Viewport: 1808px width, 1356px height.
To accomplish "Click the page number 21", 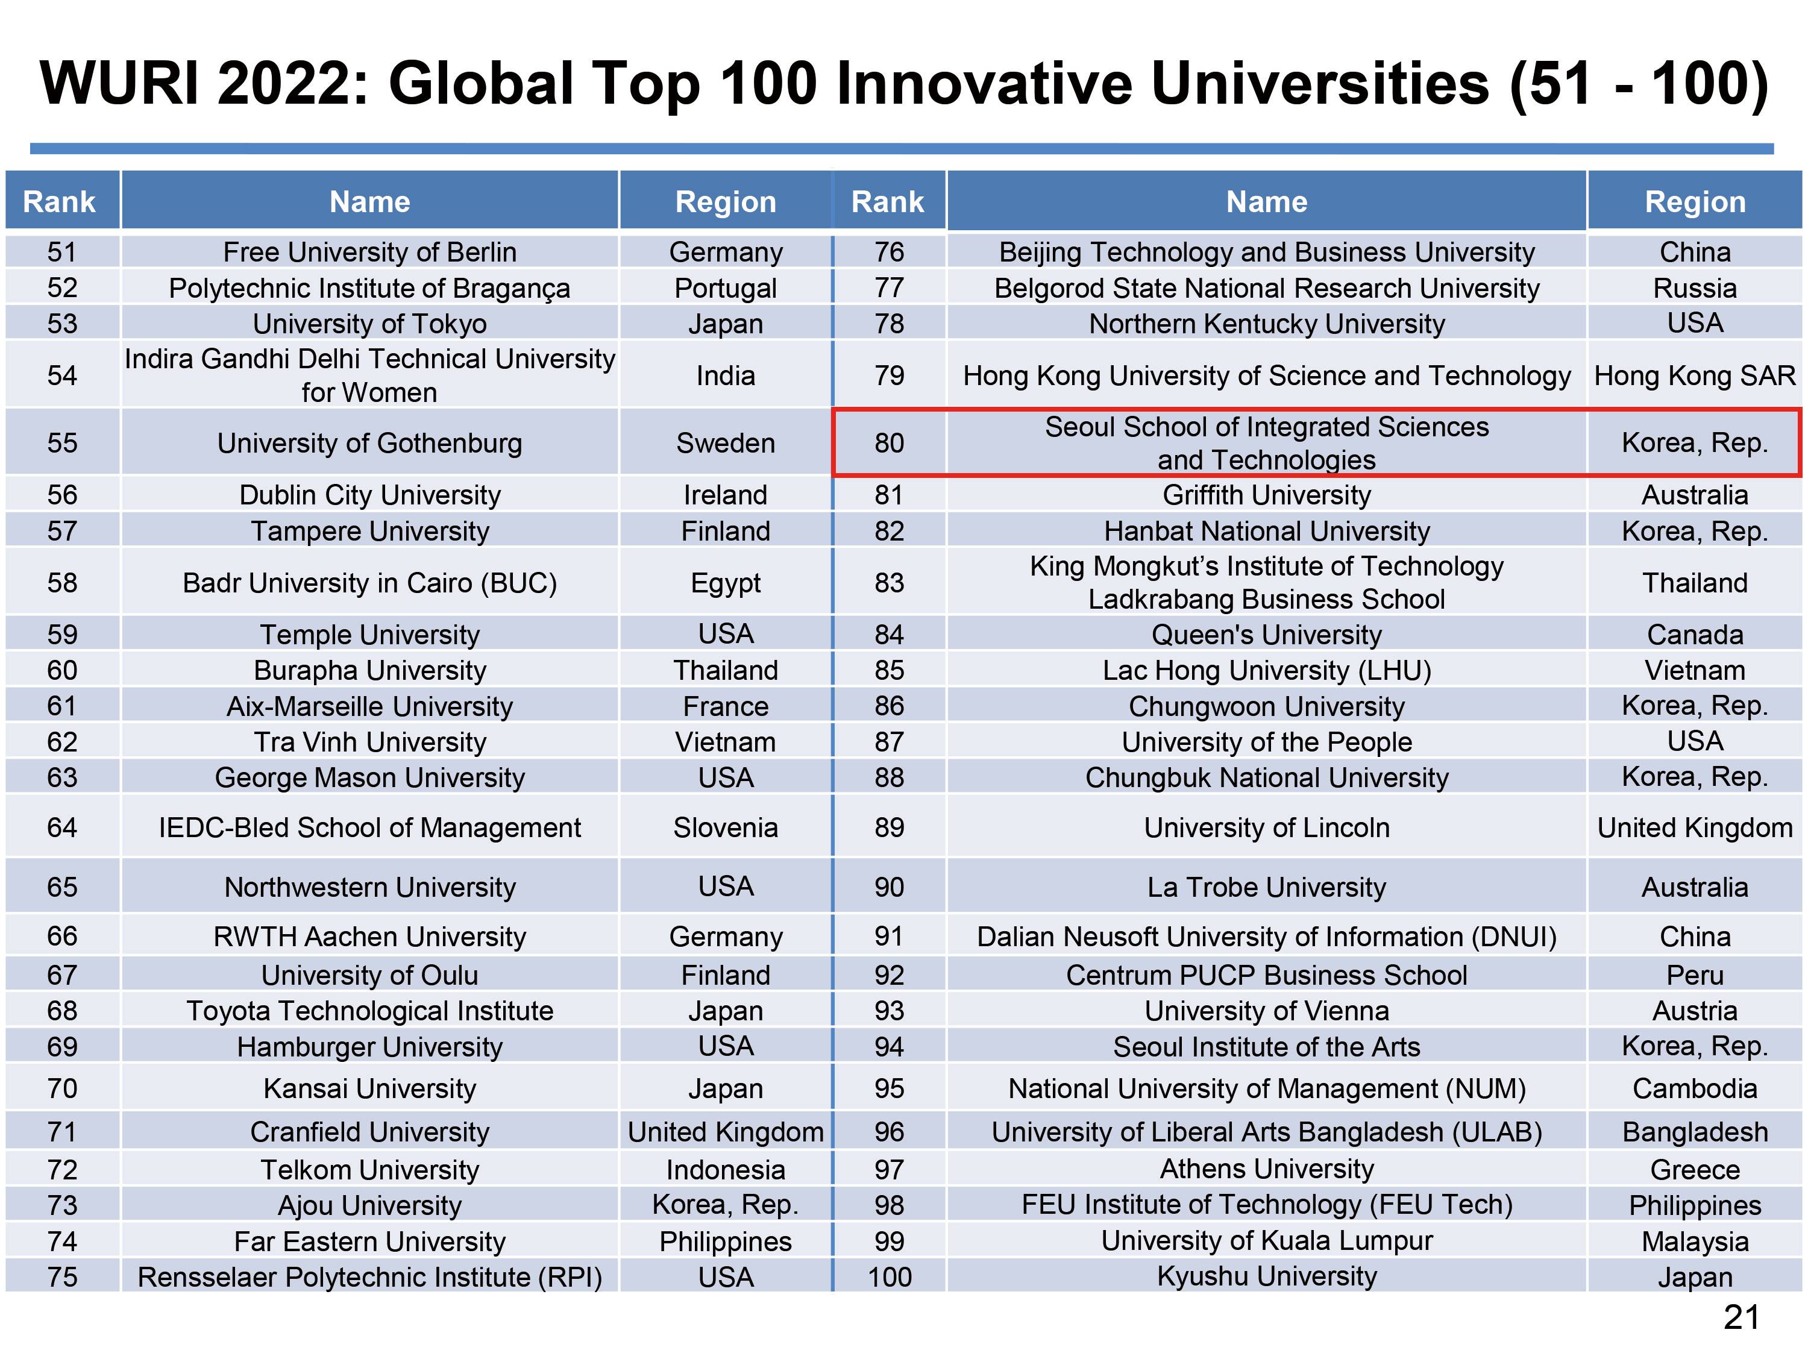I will (x=1741, y=1317).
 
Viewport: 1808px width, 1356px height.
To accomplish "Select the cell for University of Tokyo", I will (x=369, y=324).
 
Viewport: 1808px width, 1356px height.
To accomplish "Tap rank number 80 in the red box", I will (x=890, y=443).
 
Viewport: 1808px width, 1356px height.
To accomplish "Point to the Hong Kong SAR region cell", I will (x=1694, y=375).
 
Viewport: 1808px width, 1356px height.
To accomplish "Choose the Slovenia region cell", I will (x=725, y=827).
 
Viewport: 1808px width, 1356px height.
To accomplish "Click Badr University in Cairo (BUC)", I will (x=369, y=583).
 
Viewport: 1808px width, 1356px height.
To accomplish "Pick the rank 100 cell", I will (x=890, y=1276).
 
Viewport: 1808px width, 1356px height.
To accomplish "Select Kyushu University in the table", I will (x=1266, y=1276).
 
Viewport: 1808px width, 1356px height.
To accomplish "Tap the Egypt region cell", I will (x=725, y=583).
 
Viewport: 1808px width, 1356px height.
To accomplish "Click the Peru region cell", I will (x=1694, y=975).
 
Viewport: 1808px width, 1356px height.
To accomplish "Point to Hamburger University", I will (x=369, y=1047).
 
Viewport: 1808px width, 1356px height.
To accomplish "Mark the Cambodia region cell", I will (x=1694, y=1089).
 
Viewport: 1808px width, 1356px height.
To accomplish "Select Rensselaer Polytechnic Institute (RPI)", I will (x=369, y=1276).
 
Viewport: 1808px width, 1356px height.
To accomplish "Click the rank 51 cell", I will (x=62, y=252).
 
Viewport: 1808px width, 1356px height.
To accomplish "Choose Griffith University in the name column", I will (x=1266, y=495).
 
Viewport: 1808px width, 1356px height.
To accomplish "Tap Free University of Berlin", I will (x=369, y=252).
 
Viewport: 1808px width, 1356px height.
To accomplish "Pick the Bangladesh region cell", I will (x=1694, y=1132).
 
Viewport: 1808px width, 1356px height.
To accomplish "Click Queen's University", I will (x=1266, y=634).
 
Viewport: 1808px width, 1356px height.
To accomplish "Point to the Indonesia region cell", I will (x=725, y=1170).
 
